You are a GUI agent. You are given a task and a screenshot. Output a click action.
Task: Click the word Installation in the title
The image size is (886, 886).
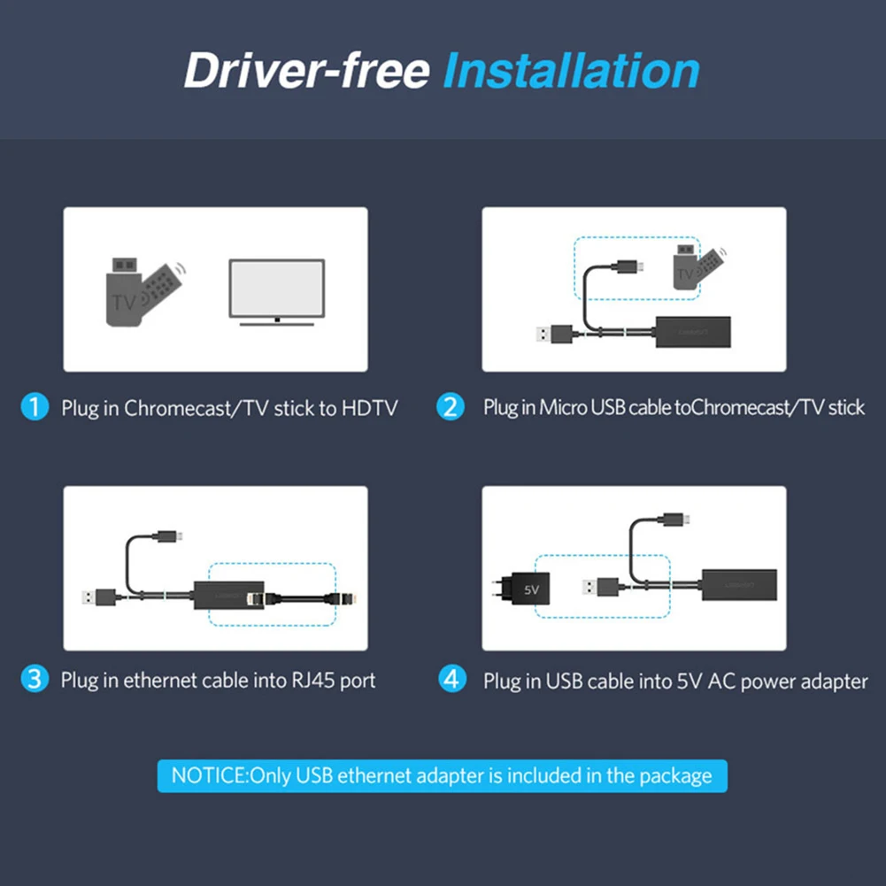(571, 71)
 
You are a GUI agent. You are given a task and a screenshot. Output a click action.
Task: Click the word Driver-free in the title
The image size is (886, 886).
(306, 71)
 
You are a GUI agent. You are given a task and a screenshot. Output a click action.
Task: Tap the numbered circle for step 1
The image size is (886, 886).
(34, 407)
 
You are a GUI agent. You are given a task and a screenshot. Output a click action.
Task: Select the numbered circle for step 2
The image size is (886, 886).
(451, 407)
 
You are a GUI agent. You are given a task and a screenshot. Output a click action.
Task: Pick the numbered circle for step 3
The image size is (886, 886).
(34, 680)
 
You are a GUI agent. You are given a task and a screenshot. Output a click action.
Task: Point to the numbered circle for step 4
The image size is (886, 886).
(452, 680)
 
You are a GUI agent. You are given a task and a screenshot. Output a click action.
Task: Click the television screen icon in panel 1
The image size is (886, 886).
(276, 290)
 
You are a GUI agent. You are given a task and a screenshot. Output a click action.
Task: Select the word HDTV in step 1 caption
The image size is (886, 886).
(369, 408)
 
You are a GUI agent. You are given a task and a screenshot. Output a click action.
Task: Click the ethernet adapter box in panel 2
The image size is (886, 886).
(692, 333)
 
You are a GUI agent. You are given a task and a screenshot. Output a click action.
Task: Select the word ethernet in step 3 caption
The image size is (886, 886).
(160, 681)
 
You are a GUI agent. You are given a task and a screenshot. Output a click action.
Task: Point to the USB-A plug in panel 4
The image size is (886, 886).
(603, 587)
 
